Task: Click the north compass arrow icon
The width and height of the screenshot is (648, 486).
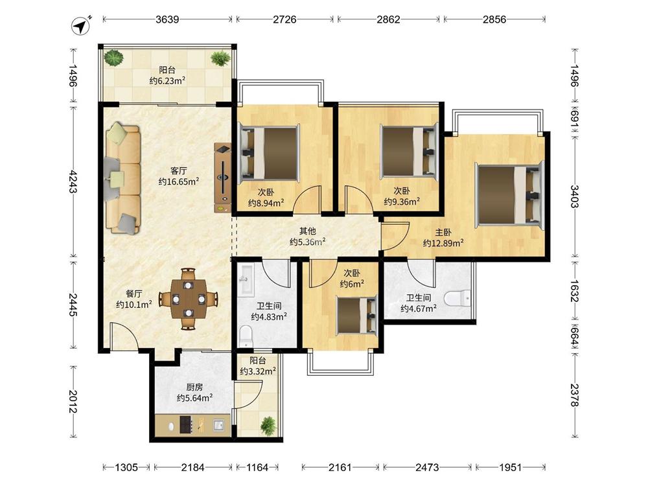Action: pos(81,25)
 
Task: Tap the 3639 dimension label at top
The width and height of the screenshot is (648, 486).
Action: pos(167,19)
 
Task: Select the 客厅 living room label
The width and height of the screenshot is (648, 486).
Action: pos(179,170)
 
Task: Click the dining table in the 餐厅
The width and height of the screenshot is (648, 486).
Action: pos(189,299)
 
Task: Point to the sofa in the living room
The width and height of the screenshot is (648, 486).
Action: pos(122,178)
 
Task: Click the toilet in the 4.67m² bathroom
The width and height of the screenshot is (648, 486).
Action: pos(458,298)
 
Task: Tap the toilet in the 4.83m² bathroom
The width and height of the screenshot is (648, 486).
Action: pos(246,335)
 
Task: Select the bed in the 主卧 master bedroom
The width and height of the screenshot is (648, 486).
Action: pos(509,196)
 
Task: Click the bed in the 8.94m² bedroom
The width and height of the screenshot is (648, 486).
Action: pos(269,154)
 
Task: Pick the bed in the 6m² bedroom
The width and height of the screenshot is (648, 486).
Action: pos(357,315)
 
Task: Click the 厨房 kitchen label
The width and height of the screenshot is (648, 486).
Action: pos(194,388)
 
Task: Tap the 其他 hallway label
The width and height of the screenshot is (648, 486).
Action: pos(307,231)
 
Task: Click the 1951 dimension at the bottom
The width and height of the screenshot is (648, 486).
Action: pos(511,467)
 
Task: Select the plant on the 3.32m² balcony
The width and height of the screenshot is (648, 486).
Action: pos(268,425)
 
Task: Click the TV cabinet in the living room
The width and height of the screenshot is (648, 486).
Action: pos(222,178)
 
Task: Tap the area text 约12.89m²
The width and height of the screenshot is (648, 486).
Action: pos(443,243)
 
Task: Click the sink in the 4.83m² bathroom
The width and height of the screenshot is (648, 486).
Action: pos(247,280)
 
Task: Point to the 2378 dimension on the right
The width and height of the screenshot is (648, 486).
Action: pos(575,395)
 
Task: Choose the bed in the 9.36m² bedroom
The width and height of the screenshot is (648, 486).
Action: pos(409,151)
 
